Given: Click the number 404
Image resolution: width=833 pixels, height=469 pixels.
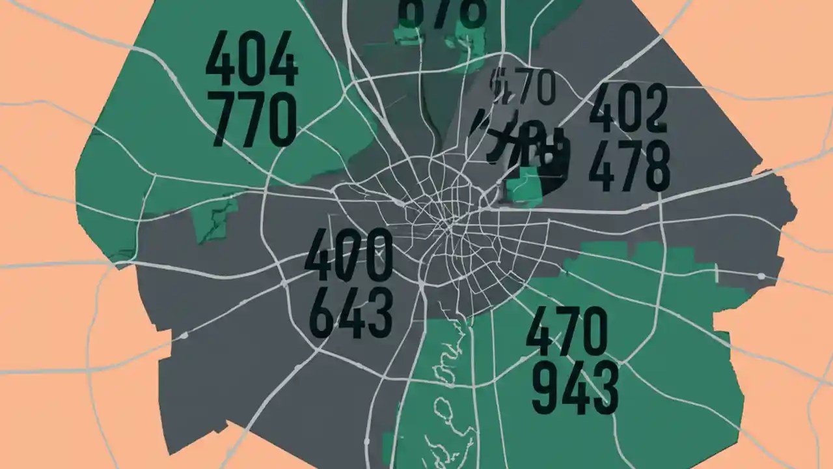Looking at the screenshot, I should pos(251,63).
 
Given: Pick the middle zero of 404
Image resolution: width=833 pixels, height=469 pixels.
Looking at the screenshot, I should pos(251,63).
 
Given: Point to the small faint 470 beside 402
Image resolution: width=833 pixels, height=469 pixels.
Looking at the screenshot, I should pos(524,87).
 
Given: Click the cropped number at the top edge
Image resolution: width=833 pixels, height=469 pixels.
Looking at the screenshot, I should pos(441,12).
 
